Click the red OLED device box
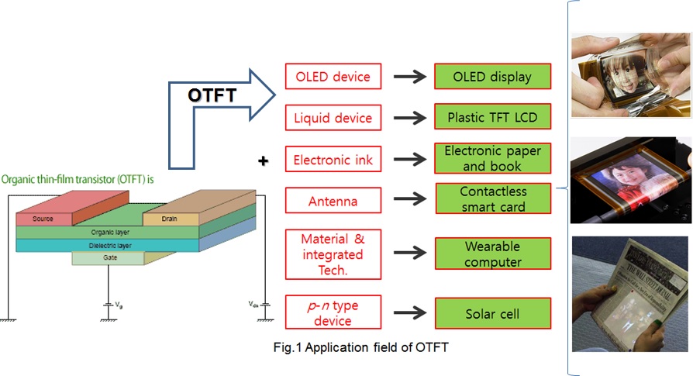pos(333,77)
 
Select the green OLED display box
pos(493,77)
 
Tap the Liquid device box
pos(333,119)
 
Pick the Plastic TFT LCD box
pos(493,119)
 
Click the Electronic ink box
pos(333,160)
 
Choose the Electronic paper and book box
pos(493,159)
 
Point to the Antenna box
pos(333,202)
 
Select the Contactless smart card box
pos(493,199)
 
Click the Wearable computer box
pos(493,254)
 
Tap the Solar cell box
pos(493,314)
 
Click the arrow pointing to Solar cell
pos(410,314)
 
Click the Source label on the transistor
pos(43,219)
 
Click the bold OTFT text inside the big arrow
pos(213,95)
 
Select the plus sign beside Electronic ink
pos(264,161)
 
